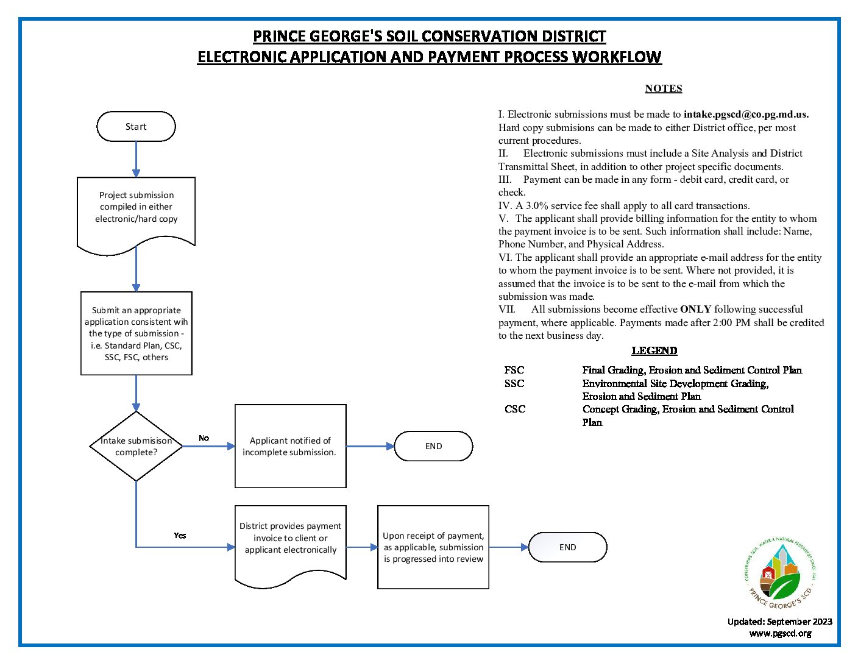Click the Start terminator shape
(136, 127)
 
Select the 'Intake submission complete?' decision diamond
(136, 446)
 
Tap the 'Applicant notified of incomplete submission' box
(290, 446)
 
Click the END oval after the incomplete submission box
(433, 446)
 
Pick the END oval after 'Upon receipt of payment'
(567, 547)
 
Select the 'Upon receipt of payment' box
(433, 547)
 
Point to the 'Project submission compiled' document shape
(136, 210)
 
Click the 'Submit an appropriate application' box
(136, 333)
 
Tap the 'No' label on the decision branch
(204, 438)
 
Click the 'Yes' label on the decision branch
(180, 536)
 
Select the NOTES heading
(664, 88)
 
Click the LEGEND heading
(654, 350)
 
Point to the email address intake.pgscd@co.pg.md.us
(746, 115)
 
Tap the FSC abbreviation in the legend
(514, 370)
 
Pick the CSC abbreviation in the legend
(514, 409)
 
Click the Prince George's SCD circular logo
(780, 573)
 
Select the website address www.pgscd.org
(780, 633)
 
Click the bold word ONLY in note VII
(695, 310)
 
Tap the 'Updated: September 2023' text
(779, 622)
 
